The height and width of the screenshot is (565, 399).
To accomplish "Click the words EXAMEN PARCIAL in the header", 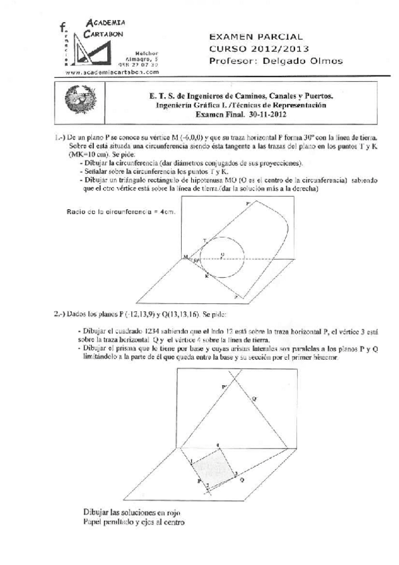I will [x=256, y=37].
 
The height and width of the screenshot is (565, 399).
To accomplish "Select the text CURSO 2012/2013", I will [x=258, y=49].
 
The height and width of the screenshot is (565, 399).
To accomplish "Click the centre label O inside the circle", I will [x=222, y=254].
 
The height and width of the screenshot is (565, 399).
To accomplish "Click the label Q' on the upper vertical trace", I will [x=253, y=398].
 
